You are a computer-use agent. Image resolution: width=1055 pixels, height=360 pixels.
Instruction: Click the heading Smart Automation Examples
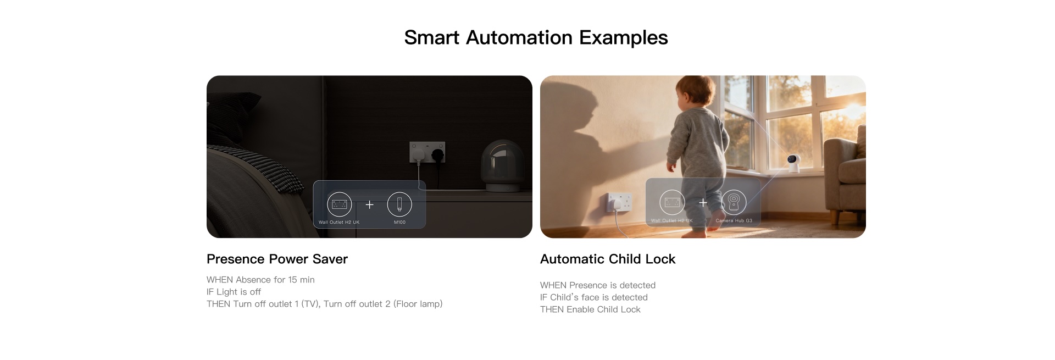[x=536, y=37]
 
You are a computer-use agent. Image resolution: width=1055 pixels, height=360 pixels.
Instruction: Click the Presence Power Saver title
[x=277, y=259]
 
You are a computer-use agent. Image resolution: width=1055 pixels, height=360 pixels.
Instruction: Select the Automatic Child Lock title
[x=608, y=259]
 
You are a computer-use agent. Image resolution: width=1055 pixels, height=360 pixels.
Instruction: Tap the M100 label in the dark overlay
[x=399, y=223]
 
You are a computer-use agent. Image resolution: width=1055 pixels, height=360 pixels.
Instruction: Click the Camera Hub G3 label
[x=734, y=221]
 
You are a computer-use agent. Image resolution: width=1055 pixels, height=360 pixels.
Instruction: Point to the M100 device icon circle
[x=399, y=204]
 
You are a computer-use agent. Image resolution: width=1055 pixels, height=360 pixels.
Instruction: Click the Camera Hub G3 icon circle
[x=734, y=203]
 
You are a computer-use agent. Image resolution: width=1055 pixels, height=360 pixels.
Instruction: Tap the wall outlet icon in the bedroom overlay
[x=339, y=204]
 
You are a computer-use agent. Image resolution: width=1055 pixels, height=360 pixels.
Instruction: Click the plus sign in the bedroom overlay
[x=370, y=204]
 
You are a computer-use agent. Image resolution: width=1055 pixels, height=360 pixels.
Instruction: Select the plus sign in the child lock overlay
[x=703, y=203]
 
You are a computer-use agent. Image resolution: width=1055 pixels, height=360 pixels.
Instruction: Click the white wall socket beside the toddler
[x=618, y=203]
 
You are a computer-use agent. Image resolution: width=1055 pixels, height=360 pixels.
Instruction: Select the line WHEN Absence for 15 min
[x=260, y=280]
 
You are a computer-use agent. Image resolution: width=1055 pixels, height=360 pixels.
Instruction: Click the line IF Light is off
[x=234, y=292]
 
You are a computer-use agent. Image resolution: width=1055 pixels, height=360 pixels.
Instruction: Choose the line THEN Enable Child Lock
[x=590, y=309]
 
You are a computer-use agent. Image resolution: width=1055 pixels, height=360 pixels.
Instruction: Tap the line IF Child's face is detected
[x=594, y=297]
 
